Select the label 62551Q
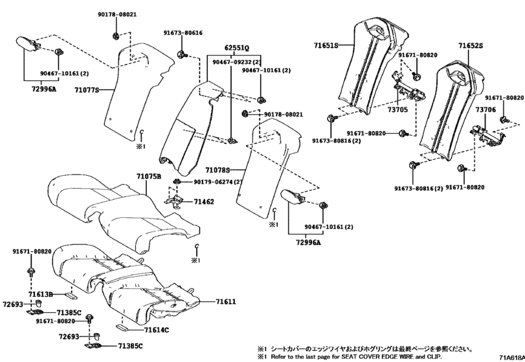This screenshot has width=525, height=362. pos(237,48)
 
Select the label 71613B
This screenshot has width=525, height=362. pos(41,293)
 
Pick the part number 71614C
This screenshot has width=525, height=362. pos(156,330)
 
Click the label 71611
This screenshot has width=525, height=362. pos(225,301)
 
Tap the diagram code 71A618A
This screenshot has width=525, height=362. pos(511,357)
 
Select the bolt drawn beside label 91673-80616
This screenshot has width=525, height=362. pos(183,52)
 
